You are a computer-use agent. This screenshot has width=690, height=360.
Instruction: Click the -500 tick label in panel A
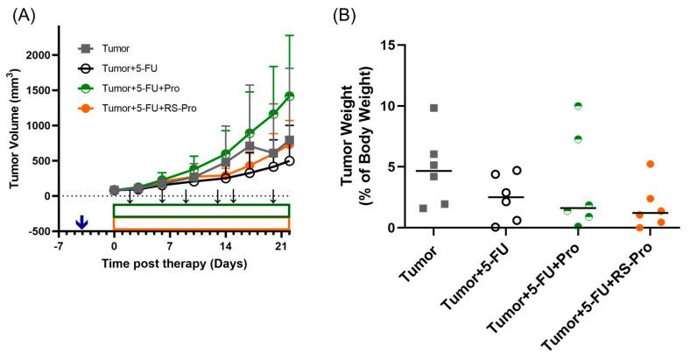coord(39,231)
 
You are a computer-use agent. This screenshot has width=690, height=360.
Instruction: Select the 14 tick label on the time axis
coord(225,247)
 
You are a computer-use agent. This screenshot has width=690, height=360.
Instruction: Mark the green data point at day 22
coord(289,95)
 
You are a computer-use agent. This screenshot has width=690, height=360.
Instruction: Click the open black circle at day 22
coord(289,161)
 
